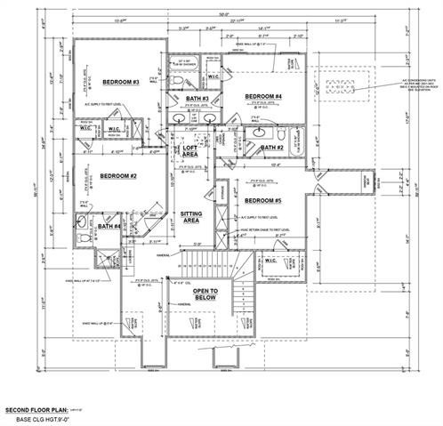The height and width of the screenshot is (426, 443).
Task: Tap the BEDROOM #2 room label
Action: point(117,176)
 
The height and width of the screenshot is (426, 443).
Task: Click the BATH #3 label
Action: point(197,98)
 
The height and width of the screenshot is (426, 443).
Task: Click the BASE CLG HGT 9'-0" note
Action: point(50,419)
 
